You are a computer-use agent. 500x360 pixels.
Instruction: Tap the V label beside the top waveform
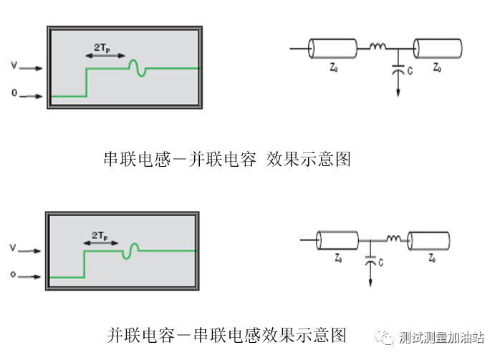[14, 67]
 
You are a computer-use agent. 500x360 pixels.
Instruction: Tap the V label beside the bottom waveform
[14, 250]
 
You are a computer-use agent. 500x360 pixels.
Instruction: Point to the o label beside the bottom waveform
[14, 275]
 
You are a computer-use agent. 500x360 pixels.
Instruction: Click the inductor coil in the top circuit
[378, 47]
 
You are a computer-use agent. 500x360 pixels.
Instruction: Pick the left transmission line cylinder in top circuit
[332, 49]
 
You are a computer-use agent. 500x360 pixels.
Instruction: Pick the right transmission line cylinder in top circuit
[438, 49]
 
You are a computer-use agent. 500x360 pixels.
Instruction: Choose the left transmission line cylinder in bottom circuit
[337, 240]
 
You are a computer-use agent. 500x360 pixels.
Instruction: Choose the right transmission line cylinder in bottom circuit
[428, 240]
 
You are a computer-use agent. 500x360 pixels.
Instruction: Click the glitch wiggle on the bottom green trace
[131, 250]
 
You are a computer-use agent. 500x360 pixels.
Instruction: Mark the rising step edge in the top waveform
[87, 82]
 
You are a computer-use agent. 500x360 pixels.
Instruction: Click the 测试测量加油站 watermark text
[441, 337]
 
